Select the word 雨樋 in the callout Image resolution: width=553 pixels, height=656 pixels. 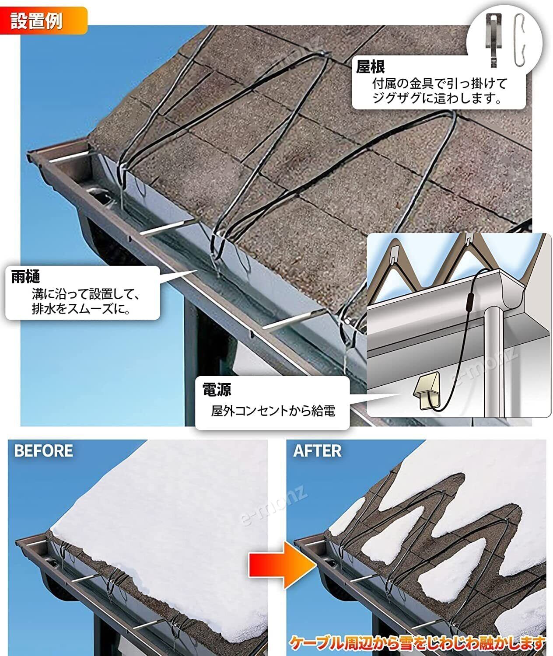point(26,277)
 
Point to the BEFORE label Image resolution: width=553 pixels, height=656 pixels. point(43,451)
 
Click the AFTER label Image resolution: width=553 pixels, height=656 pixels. point(317,451)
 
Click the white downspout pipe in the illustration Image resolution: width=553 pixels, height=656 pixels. point(495,363)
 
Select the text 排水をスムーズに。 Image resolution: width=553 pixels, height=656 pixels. point(80,310)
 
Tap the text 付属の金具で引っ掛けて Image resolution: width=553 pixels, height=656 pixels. point(439,83)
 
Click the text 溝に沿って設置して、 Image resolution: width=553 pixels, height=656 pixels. point(86,293)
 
